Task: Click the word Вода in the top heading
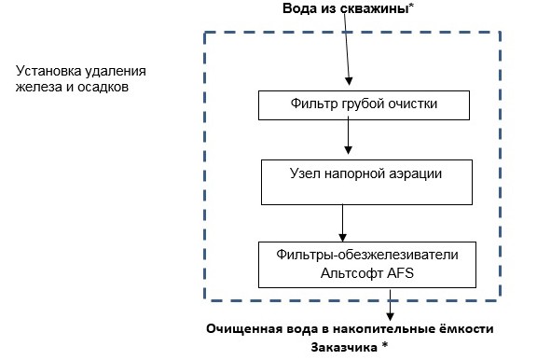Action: click(x=300, y=8)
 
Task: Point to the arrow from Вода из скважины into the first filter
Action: click(x=349, y=56)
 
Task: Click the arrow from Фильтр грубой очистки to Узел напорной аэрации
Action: click(x=349, y=135)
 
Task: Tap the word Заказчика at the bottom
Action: click(x=342, y=346)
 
